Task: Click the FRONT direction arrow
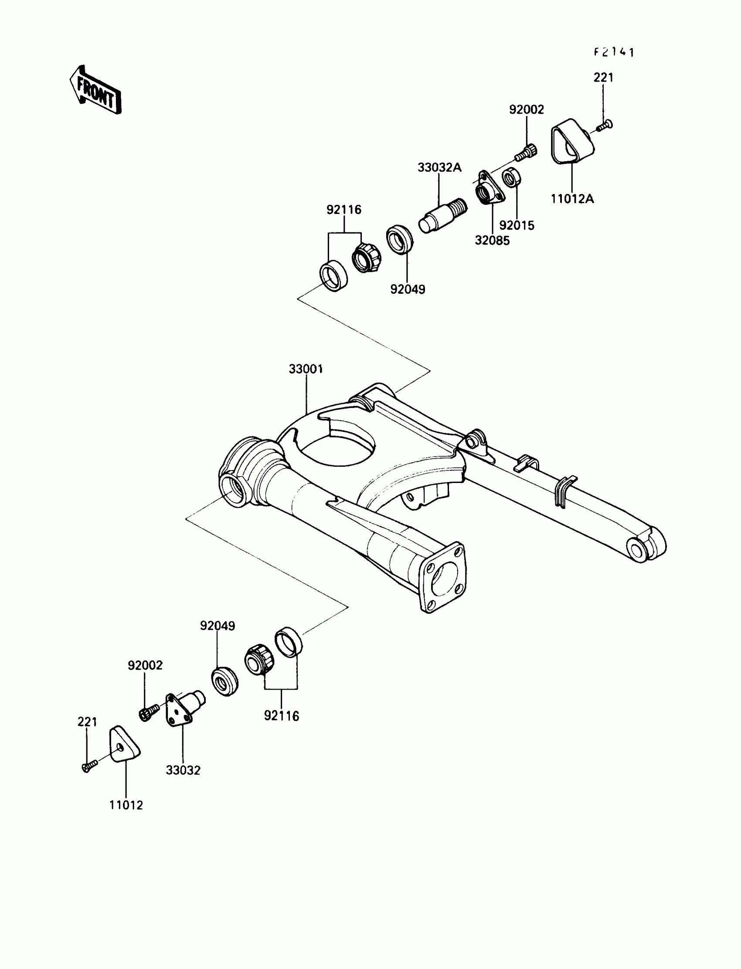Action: coord(95,90)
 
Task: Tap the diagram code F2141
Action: coord(614,52)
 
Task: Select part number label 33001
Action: coord(306,369)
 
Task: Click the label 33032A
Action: coord(439,167)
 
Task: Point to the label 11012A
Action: coord(572,199)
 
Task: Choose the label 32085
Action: coord(492,241)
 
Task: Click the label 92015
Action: coord(517,225)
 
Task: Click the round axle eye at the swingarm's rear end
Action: coord(637,551)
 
